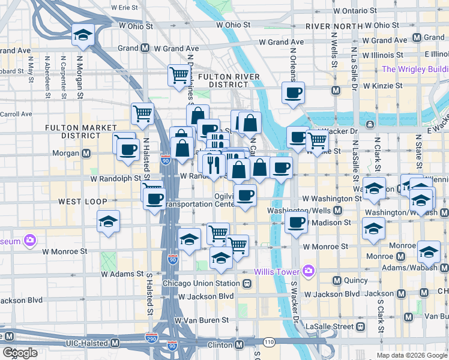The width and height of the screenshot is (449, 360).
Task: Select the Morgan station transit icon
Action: (87, 154)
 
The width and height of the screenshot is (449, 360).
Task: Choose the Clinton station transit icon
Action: (240, 344)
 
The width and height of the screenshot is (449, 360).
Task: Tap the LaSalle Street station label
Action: (330, 326)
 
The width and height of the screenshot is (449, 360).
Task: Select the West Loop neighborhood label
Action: (83, 200)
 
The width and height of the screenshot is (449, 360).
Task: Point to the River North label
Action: (331, 26)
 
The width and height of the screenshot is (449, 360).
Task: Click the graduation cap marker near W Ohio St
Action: (82, 34)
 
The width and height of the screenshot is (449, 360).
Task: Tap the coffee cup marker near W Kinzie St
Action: (293, 92)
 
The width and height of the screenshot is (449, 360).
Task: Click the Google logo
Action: (20, 352)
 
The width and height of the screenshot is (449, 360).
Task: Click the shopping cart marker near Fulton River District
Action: (179, 75)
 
